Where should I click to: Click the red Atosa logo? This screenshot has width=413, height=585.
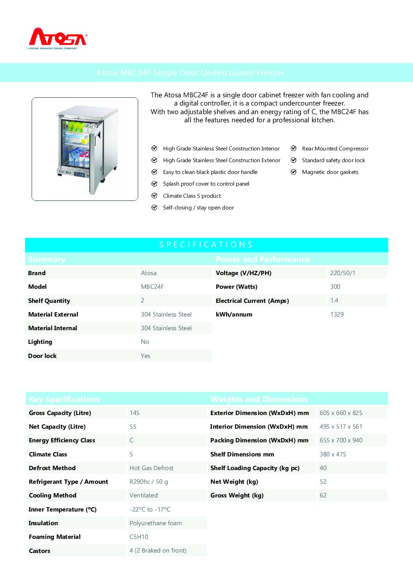[58, 38]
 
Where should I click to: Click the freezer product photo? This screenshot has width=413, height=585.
[85, 149]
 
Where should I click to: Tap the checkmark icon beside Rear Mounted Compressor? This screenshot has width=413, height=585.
[294, 148]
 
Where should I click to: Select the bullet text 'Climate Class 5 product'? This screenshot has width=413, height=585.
[192, 196]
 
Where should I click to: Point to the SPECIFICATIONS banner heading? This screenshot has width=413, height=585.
[206, 245]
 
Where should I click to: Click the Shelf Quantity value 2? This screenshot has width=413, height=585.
[142, 300]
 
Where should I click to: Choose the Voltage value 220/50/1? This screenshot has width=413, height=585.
[342, 273]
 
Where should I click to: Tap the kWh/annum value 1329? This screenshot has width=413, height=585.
[336, 314]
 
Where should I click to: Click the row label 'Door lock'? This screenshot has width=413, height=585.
[43, 356]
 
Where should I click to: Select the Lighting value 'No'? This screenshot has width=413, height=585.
[145, 342]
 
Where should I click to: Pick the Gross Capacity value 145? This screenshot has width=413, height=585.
[134, 413]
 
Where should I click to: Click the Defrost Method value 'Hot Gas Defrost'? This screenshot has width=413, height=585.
[151, 468]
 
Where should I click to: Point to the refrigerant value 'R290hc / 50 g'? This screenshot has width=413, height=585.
[149, 481]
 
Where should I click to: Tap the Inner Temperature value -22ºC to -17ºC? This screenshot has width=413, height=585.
[150, 509]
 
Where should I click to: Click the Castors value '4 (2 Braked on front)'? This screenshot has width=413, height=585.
[158, 550]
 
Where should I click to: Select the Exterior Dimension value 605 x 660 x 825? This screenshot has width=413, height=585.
[341, 413]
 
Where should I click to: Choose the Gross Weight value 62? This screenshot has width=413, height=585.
[323, 495]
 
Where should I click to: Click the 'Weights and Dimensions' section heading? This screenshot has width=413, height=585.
[259, 399]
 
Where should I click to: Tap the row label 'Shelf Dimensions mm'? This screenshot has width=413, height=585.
[242, 454]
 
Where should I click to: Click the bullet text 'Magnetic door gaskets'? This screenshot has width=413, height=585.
[330, 172]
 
